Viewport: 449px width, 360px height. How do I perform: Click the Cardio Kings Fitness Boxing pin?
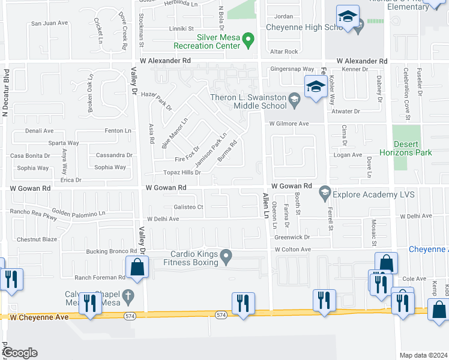point(226,257)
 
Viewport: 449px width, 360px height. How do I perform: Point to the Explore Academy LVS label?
point(373,193)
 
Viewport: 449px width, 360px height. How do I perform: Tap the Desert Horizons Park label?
point(413,148)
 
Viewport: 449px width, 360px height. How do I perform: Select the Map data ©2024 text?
point(423,355)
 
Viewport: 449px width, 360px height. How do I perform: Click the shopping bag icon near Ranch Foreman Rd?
point(137,268)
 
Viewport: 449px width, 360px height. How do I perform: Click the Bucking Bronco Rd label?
point(112,251)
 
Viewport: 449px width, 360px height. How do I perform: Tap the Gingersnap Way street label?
point(292,70)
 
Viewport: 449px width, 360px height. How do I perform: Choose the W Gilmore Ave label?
point(289,124)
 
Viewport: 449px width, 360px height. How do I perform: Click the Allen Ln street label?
point(264,206)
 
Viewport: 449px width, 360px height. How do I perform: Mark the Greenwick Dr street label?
point(292,238)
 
